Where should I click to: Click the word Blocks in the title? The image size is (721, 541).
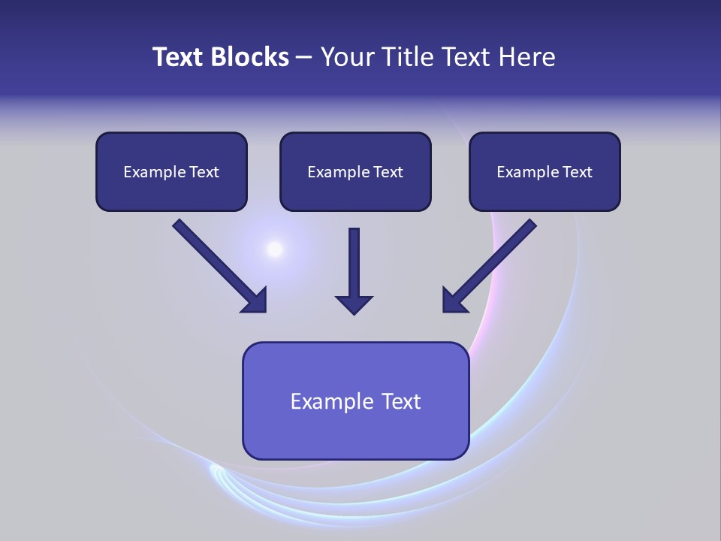point(251,57)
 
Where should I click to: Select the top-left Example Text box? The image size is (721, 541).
point(171,171)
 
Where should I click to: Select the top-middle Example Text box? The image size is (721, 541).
point(355,171)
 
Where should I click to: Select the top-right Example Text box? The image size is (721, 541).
point(545,171)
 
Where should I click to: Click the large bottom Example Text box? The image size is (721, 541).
point(355,400)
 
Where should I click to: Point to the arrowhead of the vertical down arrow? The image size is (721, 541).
point(354,305)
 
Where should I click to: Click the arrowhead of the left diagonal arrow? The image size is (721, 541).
point(255,301)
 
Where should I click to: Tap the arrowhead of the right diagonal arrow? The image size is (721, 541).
point(454,301)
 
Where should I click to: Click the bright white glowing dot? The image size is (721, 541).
point(275,249)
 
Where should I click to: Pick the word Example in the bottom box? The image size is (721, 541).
point(332,401)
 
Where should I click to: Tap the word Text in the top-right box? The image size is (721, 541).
point(578,172)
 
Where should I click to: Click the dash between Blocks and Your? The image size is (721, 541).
point(304,58)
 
